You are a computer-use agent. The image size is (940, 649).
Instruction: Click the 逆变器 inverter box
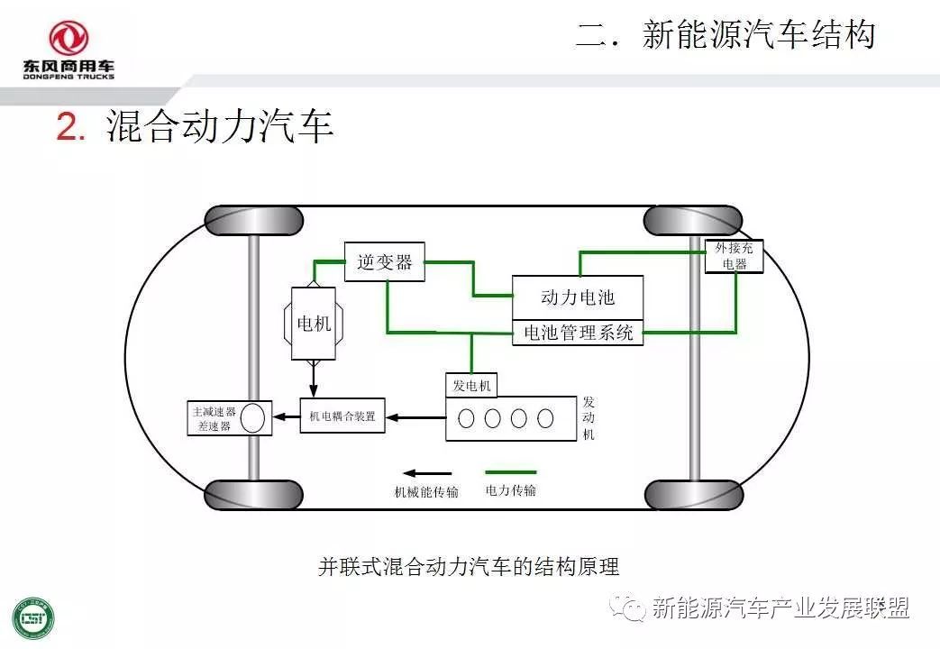(x=384, y=261)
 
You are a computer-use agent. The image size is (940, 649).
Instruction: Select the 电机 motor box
(x=314, y=324)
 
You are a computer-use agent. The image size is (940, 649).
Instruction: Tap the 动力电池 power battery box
(x=578, y=297)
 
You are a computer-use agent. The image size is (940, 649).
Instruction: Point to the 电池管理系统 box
(x=578, y=334)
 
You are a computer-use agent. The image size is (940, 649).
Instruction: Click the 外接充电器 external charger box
(x=735, y=256)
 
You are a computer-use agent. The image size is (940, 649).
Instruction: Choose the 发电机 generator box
(x=471, y=385)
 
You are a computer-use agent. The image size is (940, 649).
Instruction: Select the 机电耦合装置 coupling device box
(x=342, y=417)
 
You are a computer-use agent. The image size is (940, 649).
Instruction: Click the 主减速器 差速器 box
(x=228, y=418)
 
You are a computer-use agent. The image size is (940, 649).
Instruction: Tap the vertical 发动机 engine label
(x=589, y=418)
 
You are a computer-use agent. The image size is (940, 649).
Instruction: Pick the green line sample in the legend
(x=510, y=471)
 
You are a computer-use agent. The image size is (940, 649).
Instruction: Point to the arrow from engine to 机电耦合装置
(x=415, y=417)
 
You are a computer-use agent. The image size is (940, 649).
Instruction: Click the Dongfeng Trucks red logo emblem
(x=68, y=38)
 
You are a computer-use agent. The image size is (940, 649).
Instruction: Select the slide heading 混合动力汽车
(x=220, y=127)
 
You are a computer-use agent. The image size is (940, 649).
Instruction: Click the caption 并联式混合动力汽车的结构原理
(x=469, y=567)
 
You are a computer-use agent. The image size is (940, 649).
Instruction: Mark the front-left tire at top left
(x=253, y=220)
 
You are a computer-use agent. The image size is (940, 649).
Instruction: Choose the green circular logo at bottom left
(x=32, y=618)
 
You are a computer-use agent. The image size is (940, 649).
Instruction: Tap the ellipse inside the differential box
(x=253, y=418)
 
